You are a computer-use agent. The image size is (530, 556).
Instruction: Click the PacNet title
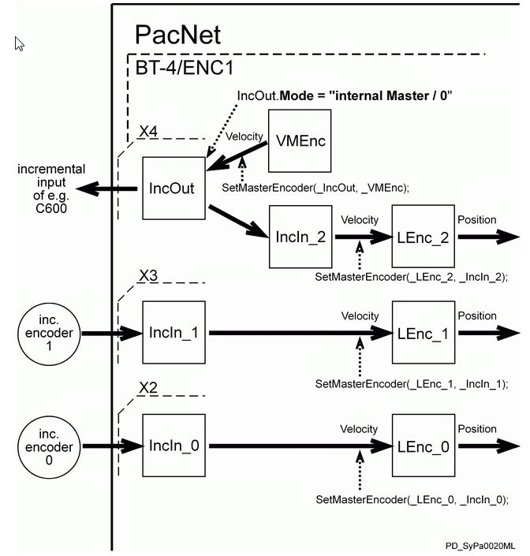(x=177, y=34)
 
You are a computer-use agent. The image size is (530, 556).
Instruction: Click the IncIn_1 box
(x=174, y=333)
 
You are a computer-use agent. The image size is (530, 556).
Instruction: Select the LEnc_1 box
(x=424, y=332)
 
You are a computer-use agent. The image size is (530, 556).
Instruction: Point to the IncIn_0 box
(x=174, y=446)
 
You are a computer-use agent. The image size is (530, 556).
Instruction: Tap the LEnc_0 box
(x=424, y=446)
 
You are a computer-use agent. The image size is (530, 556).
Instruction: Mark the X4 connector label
(x=149, y=132)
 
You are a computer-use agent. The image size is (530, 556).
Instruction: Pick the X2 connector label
(x=149, y=388)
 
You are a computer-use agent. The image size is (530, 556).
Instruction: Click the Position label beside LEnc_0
(x=477, y=429)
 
